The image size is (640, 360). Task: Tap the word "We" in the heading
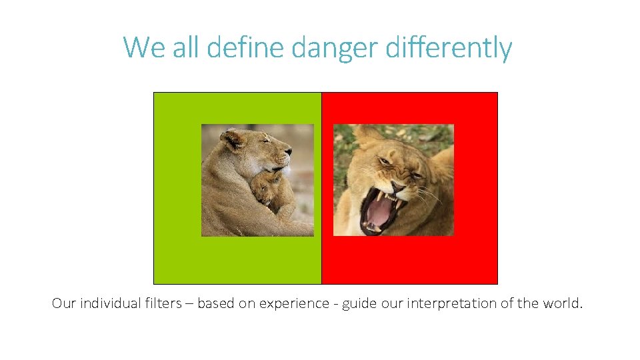pos(141,48)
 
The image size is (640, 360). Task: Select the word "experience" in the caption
pos(294,303)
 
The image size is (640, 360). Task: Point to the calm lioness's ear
pos(232,139)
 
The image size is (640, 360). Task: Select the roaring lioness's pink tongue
pos(379,213)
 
